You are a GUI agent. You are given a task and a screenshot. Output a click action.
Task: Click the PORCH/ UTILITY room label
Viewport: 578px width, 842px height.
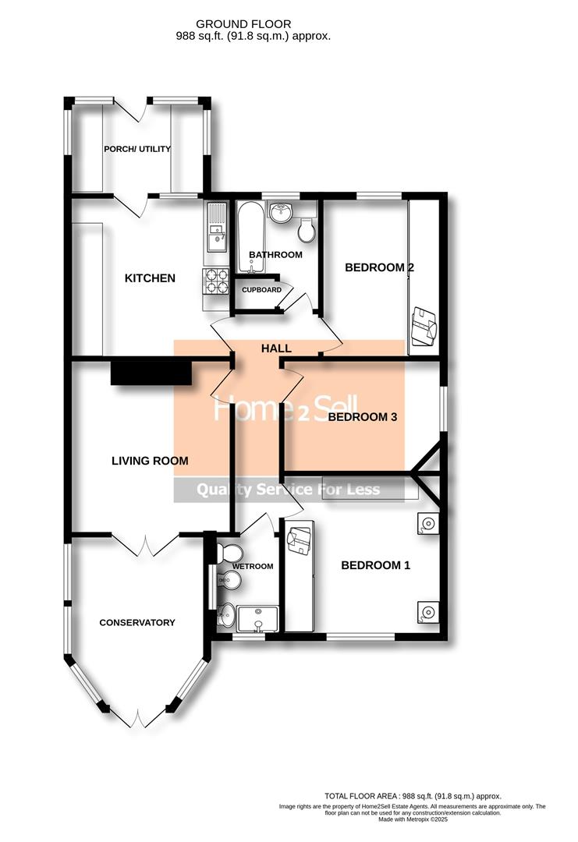tap(137, 149)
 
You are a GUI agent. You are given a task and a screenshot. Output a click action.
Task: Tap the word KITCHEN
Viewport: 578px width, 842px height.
tap(151, 278)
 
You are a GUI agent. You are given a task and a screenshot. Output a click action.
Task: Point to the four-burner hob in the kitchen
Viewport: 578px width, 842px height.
tap(216, 281)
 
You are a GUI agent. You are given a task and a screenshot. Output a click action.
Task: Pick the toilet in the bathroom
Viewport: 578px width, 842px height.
tap(307, 229)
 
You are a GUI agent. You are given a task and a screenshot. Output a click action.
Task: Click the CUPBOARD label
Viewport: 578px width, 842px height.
tap(261, 290)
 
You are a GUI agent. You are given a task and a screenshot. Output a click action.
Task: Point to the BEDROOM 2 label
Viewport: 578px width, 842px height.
tap(379, 267)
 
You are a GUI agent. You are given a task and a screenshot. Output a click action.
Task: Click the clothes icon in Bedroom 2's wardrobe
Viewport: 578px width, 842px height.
tap(424, 326)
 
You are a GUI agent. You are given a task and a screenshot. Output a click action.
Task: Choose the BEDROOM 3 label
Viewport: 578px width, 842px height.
tap(363, 417)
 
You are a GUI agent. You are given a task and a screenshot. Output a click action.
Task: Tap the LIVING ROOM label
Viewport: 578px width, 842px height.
tap(150, 461)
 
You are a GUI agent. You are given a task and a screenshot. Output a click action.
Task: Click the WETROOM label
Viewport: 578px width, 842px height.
tap(253, 566)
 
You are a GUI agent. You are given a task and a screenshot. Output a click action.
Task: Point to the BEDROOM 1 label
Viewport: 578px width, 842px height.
tap(375, 565)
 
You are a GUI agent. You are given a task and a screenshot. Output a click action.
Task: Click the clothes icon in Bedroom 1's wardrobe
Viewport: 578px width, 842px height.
tap(299, 540)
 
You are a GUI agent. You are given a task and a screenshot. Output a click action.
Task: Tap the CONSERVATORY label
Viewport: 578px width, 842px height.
tap(137, 622)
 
